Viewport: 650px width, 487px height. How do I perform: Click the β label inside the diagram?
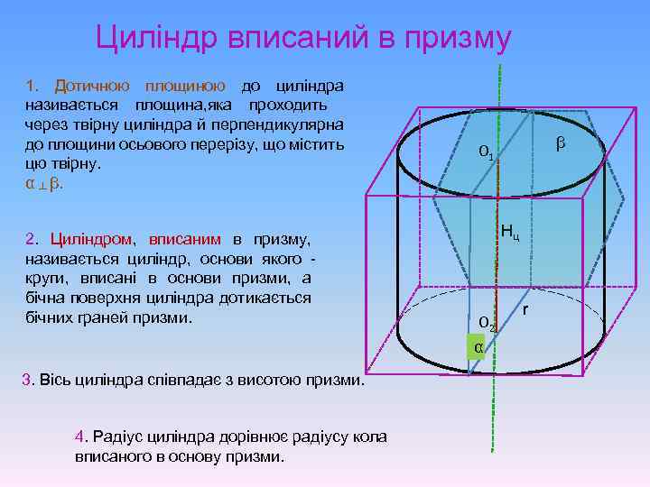[x=562, y=142]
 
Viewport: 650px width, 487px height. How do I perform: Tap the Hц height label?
[x=510, y=234]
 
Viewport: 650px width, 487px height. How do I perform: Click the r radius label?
[x=525, y=310]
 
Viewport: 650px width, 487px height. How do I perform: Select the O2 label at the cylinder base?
[x=486, y=321]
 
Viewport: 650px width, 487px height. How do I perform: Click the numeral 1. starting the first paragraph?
[x=32, y=87]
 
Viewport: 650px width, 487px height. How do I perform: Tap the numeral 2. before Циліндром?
[x=32, y=240]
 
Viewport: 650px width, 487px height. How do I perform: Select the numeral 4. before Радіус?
[x=81, y=436]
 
